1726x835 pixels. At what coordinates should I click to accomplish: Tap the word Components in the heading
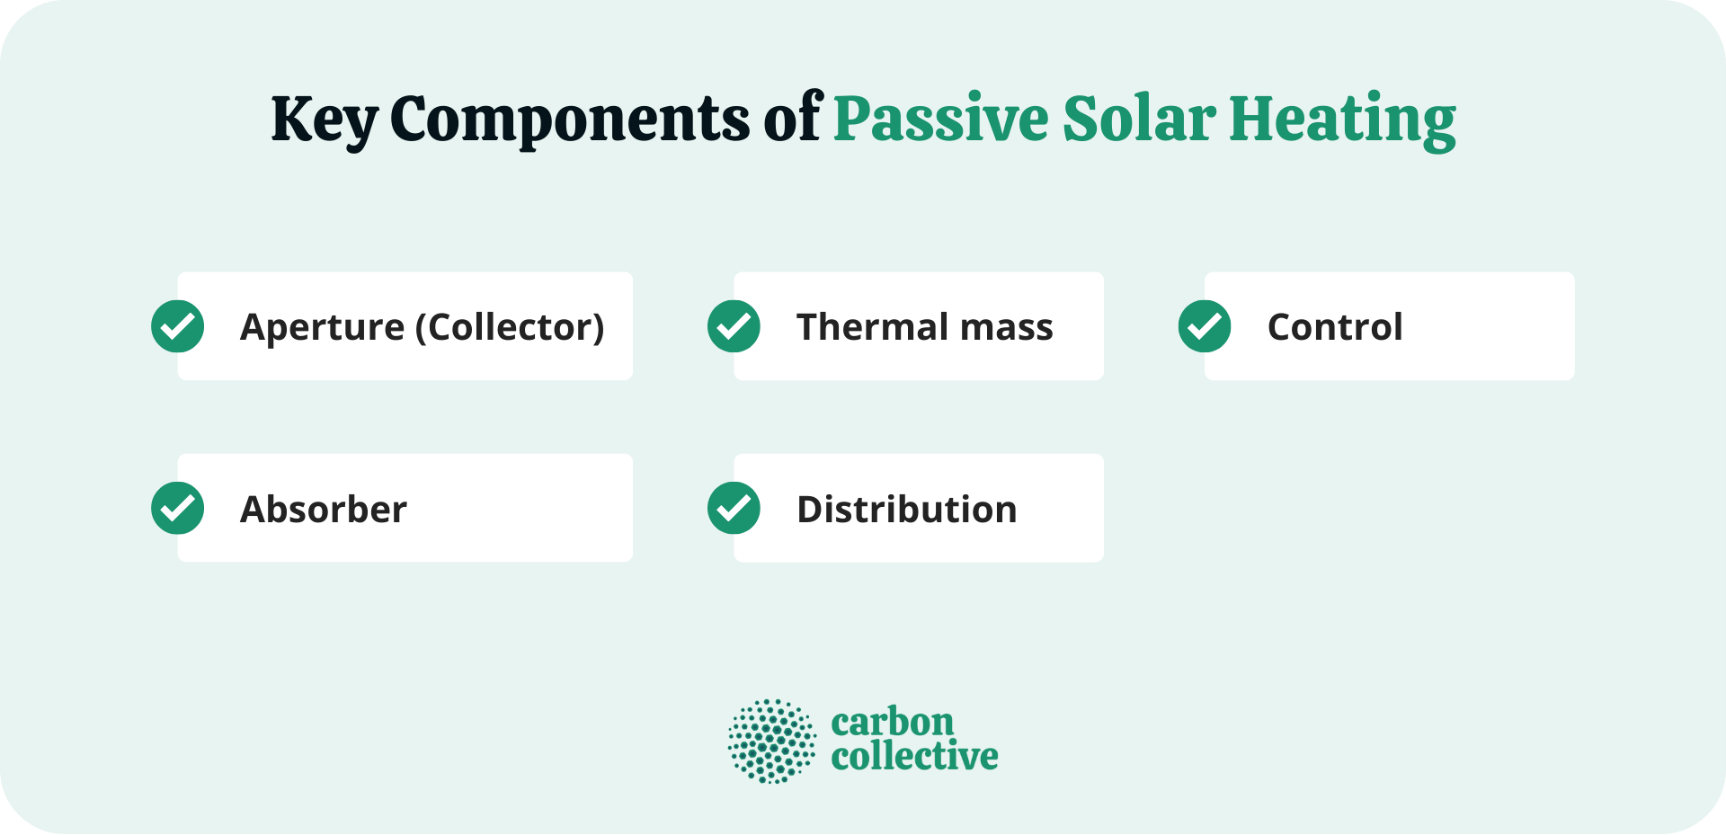tap(569, 120)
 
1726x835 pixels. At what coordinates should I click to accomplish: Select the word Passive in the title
tap(940, 120)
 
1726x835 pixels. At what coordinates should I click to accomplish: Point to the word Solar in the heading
tap(1139, 120)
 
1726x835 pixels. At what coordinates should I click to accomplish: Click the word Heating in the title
tap(1342, 120)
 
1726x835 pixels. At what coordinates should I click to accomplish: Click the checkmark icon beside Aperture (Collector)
tap(178, 326)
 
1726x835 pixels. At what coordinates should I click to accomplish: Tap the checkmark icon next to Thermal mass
tap(734, 326)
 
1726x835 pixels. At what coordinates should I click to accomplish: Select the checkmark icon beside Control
tap(1205, 326)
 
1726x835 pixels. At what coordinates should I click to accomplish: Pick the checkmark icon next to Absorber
tap(178, 509)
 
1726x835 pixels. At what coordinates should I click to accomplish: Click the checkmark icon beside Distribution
tap(734, 509)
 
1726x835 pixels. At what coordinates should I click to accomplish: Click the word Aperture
tap(322, 328)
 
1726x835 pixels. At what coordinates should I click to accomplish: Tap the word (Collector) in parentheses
tap(510, 328)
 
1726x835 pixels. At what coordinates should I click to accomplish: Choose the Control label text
tap(1335, 327)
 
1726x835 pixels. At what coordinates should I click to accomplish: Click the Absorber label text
tap(324, 510)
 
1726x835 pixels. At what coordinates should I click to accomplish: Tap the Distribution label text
tap(907, 510)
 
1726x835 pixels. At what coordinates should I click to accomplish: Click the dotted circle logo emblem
tap(771, 742)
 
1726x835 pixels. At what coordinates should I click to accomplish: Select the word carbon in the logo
tap(892, 723)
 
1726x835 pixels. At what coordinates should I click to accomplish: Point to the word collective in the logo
tap(914, 757)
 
